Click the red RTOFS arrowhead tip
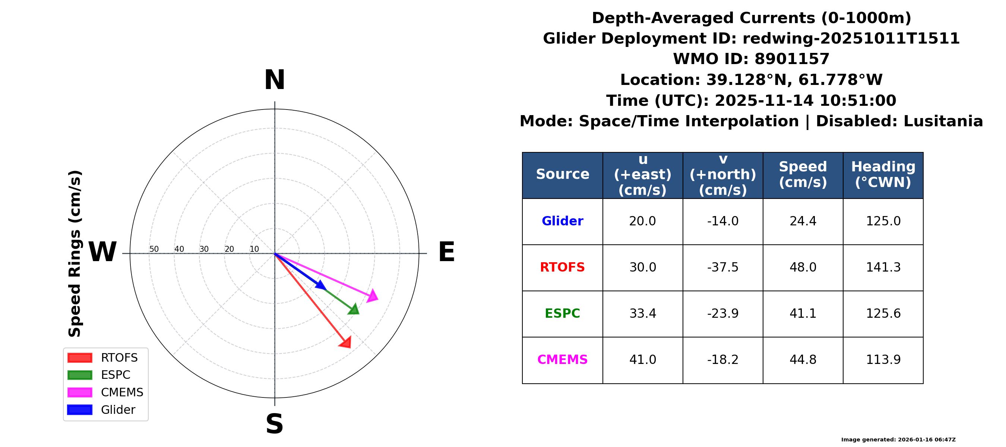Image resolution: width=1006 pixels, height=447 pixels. pos(350,347)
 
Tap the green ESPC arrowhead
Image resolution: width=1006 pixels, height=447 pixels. pos(354,309)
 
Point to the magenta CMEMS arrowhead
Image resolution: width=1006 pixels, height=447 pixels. pos(373,296)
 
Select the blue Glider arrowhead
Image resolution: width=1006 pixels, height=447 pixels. pos(321,285)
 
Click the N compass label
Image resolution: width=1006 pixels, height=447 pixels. pos(275,80)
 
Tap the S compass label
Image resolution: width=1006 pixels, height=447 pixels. pos(275,424)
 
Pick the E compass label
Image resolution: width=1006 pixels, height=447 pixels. pos(446,252)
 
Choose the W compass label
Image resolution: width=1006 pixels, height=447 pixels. pos(102,252)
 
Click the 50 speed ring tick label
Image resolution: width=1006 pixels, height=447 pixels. pos(154,249)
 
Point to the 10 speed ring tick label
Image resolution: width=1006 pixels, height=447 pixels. pos(254,249)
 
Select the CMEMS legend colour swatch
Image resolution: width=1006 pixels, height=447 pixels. pos(80,392)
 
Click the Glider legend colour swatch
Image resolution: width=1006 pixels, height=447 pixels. pos(80,409)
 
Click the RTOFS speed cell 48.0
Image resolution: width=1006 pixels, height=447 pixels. pos(803,267)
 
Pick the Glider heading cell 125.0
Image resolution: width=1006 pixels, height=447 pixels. pos(883,221)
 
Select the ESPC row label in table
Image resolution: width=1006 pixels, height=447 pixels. pos(562,314)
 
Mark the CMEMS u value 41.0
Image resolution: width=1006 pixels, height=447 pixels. pos(643,359)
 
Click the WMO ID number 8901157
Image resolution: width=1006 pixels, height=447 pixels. pos(792,59)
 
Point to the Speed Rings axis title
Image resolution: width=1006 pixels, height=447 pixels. pos(75,254)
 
